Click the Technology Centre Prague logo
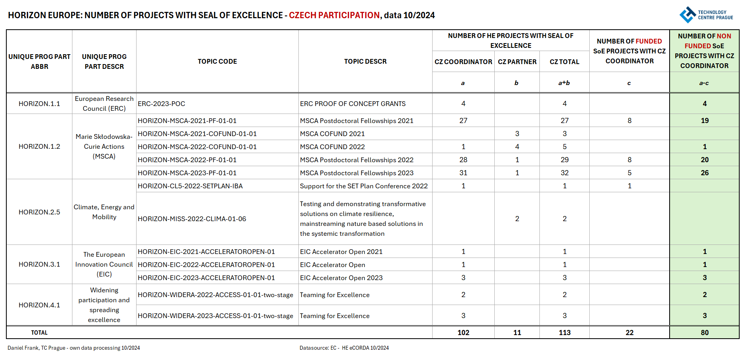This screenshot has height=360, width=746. (x=706, y=15)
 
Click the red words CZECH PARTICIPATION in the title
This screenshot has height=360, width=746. (x=334, y=15)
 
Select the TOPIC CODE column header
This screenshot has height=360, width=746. (x=217, y=61)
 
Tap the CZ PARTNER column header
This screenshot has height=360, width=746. (x=517, y=62)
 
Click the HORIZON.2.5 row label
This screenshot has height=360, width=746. (x=39, y=212)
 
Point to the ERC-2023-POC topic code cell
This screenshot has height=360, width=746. (x=161, y=104)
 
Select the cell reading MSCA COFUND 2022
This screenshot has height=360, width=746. (x=332, y=147)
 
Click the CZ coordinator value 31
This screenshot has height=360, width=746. (x=463, y=173)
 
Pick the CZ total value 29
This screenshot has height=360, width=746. (x=564, y=160)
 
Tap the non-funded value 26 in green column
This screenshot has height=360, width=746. (x=704, y=173)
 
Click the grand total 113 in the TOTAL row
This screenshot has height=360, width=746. (x=564, y=333)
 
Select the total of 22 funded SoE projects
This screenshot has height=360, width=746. (x=629, y=333)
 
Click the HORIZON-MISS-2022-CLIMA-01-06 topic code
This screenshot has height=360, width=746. (x=192, y=219)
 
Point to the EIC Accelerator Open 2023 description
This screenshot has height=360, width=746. (x=341, y=278)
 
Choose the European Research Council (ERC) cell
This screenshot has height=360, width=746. (x=104, y=104)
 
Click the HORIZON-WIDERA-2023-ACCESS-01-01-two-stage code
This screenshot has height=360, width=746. (x=215, y=316)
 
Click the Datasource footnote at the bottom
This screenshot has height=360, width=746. (x=344, y=348)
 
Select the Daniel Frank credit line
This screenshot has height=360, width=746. (x=74, y=348)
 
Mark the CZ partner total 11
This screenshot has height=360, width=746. (x=517, y=333)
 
